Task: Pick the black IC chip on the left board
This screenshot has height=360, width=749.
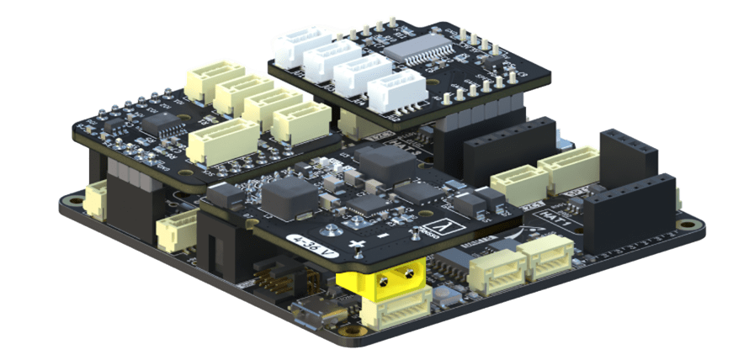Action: point(160,124)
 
